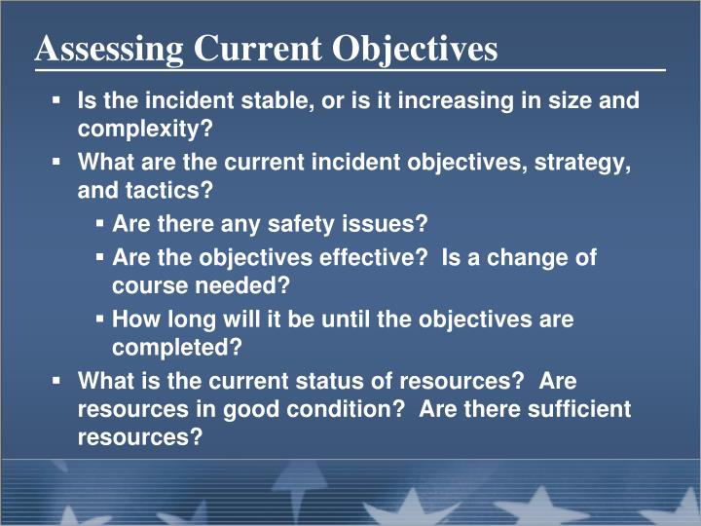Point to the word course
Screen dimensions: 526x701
click(144, 287)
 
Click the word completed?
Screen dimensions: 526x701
click(177, 348)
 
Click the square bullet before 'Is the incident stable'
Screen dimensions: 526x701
click(57, 101)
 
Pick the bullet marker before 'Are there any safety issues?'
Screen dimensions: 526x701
click(101, 224)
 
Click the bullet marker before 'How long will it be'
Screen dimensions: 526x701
click(101, 319)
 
